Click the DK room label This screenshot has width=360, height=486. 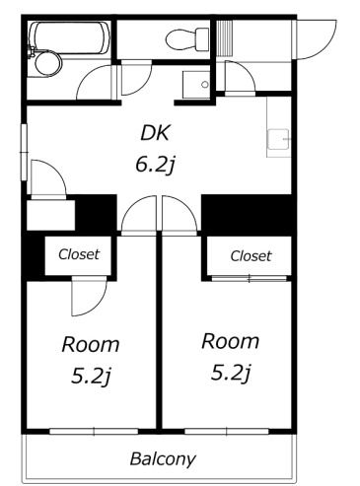pyautogui.click(x=155, y=133)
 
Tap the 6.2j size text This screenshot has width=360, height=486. pyautogui.click(x=155, y=165)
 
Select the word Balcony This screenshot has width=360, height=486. pyautogui.click(x=163, y=459)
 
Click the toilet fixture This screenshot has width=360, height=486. pyautogui.click(x=187, y=39)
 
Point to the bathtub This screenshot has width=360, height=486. pyautogui.click(x=69, y=37)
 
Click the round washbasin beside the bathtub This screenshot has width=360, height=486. pyautogui.click(x=48, y=63)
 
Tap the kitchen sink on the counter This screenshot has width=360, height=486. pyautogui.click(x=279, y=139)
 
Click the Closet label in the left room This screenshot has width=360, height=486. pyautogui.click(x=79, y=254)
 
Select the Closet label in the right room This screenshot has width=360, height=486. pyautogui.click(x=251, y=256)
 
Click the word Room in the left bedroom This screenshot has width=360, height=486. pyautogui.click(x=91, y=345)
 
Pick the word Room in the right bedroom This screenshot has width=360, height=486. pyautogui.click(x=230, y=341)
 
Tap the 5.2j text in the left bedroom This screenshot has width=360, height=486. pyautogui.click(x=91, y=376)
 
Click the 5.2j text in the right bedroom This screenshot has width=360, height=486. pyautogui.click(x=231, y=373)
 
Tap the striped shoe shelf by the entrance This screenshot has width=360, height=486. pyautogui.click(x=225, y=37)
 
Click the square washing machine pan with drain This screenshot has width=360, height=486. pyautogui.click(x=196, y=85)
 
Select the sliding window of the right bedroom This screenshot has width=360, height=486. pyautogui.click(x=227, y=431)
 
